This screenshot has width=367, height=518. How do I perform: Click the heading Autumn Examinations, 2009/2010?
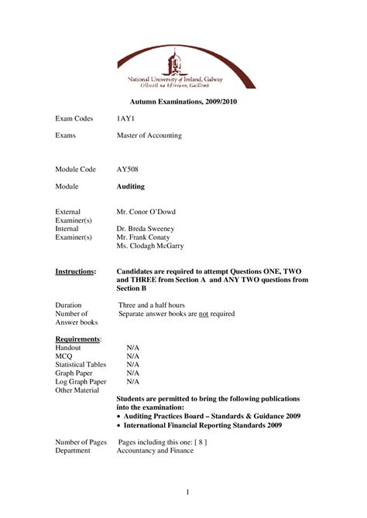183,102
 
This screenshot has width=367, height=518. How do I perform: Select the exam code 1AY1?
124,118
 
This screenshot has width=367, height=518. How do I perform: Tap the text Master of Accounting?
149,135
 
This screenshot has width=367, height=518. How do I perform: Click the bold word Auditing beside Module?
130,186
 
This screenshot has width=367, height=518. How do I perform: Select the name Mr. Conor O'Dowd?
146,211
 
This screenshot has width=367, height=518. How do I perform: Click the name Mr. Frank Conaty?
141,237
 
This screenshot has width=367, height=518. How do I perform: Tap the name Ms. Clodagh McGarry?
150,247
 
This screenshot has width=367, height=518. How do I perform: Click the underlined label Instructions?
76,271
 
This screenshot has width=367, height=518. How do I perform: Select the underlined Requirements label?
78,339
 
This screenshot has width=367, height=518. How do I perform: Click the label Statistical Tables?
81,364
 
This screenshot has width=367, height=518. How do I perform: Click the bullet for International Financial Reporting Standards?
118,424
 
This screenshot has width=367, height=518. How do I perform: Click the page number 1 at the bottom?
187,492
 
